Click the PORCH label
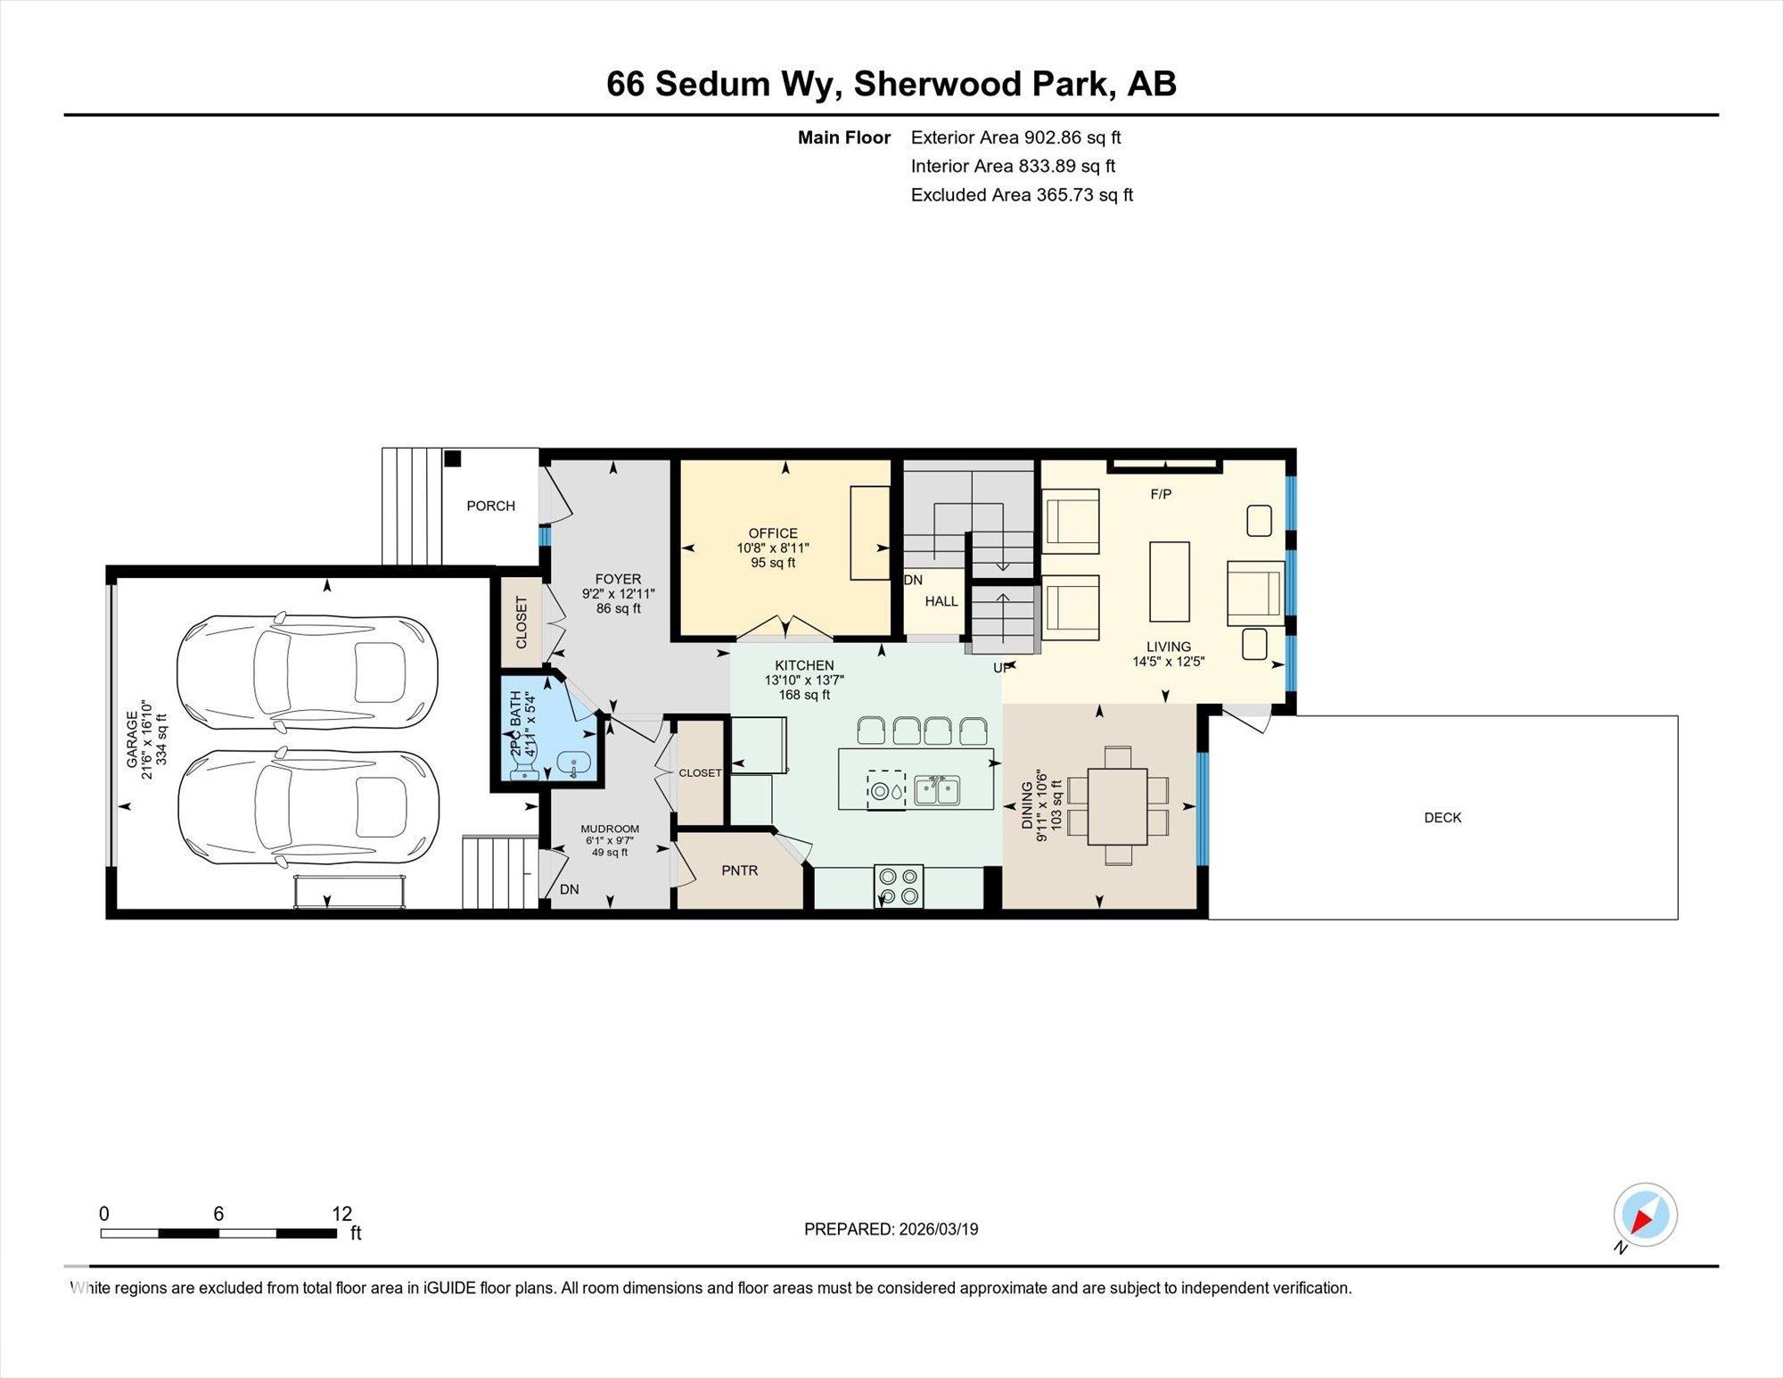(490, 506)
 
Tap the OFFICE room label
(773, 533)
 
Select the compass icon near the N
(1645, 1215)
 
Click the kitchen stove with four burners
(899, 886)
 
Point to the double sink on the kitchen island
(937, 790)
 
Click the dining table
(1117, 806)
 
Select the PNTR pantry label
(740, 871)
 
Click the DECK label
(1442, 817)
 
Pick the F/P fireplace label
(1161, 494)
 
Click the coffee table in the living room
(1169, 582)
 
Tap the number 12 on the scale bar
(342, 1214)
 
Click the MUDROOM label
(610, 829)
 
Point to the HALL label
(941, 601)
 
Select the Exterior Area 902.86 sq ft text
(1015, 137)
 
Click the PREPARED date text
(891, 1229)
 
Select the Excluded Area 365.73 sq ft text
(1022, 194)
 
